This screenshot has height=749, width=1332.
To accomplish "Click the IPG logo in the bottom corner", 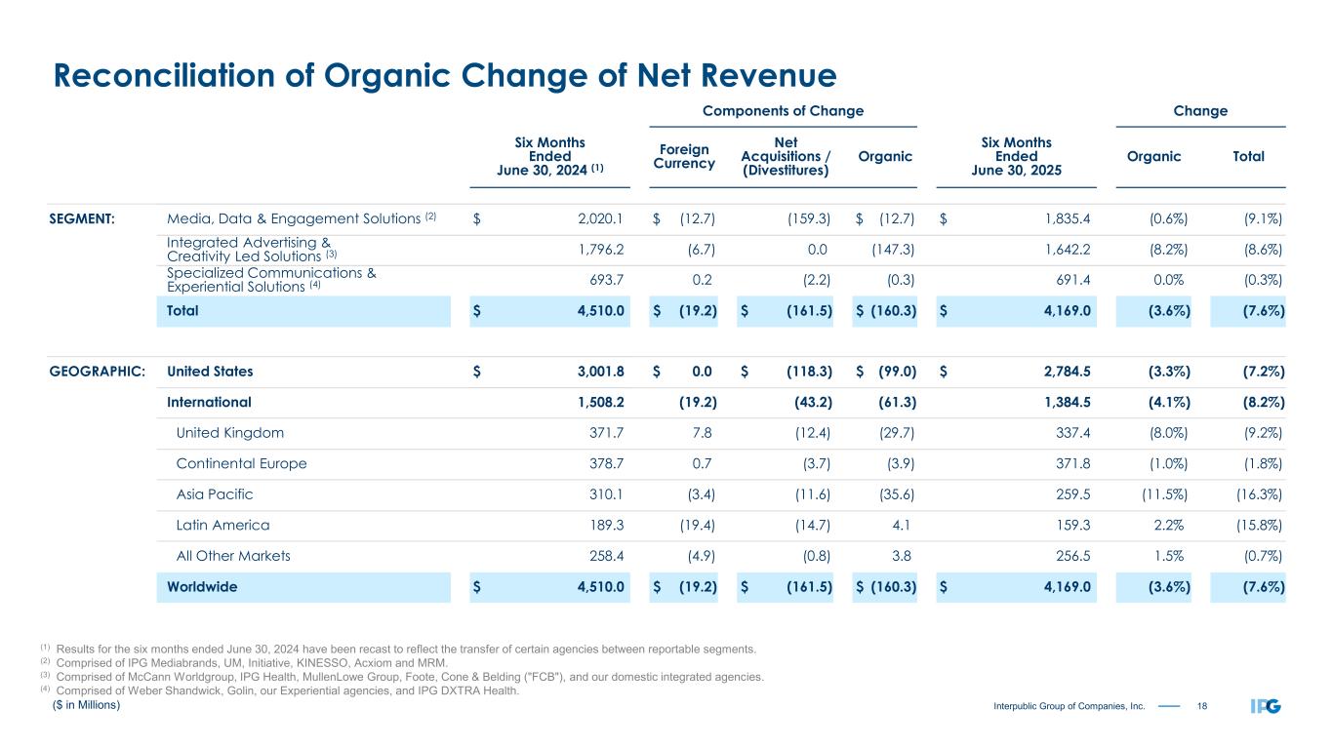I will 1266,706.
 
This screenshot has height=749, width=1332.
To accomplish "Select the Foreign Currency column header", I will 683,156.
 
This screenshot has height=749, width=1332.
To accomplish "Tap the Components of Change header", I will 784,111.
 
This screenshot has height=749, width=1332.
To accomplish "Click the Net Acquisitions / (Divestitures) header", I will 786,156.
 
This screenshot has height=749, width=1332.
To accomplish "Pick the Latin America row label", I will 222,526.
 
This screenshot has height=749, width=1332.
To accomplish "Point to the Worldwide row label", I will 202,587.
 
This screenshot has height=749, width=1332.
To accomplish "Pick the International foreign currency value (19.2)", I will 694,402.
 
